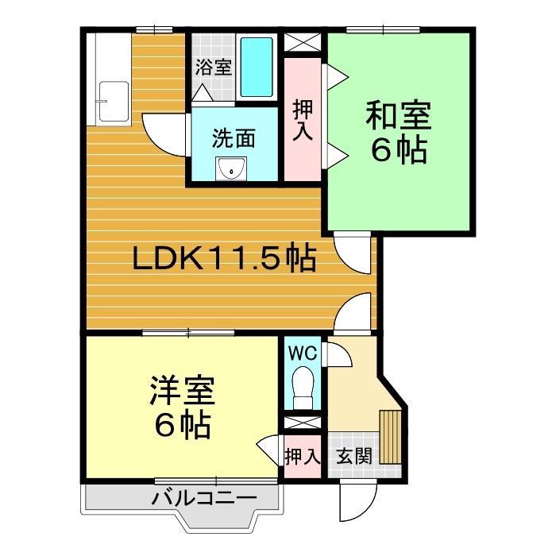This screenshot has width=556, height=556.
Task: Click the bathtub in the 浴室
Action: (257, 67)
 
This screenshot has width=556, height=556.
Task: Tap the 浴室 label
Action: (214, 67)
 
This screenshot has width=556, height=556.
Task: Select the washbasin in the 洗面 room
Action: (231, 169)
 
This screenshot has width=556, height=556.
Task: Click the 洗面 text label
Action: (234, 138)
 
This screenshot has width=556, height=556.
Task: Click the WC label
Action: (302, 353)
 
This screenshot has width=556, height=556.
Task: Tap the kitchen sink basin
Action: (114, 102)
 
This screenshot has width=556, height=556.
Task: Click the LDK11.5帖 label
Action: (224, 258)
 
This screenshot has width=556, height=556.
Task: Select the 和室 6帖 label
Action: (399, 133)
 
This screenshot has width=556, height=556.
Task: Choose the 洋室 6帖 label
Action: (182, 407)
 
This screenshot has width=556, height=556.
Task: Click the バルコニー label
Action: (205, 498)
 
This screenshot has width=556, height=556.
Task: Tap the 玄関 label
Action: (354, 456)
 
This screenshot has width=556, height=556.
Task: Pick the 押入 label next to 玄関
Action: (303, 456)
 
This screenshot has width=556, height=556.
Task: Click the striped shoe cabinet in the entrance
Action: (390, 437)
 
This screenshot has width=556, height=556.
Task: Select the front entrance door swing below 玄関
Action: (357, 500)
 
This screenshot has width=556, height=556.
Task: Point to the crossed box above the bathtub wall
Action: (303, 42)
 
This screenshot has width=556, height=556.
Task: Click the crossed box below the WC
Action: (303, 423)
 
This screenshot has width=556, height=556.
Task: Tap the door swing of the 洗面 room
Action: (164, 135)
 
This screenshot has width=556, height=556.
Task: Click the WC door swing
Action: (339, 354)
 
